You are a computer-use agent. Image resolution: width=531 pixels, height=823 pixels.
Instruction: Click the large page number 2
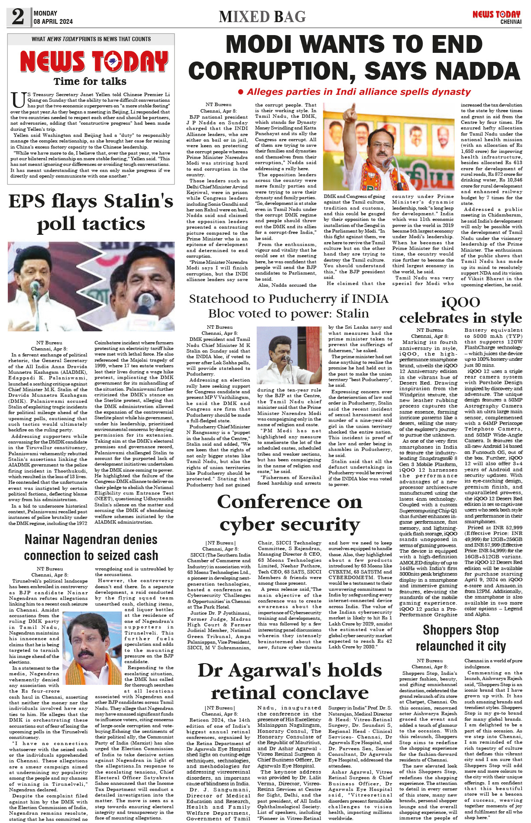18,16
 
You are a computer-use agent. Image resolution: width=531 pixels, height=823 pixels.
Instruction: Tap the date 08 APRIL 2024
53,22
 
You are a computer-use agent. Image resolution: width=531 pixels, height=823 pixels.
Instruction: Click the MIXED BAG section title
262,17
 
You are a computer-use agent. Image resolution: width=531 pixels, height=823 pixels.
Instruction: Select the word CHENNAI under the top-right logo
511,22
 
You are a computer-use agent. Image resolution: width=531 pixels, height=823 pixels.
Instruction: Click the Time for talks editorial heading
90,81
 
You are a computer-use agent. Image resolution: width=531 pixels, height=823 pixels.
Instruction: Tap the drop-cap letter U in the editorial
18,100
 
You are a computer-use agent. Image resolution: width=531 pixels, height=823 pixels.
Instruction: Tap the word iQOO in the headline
460,302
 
